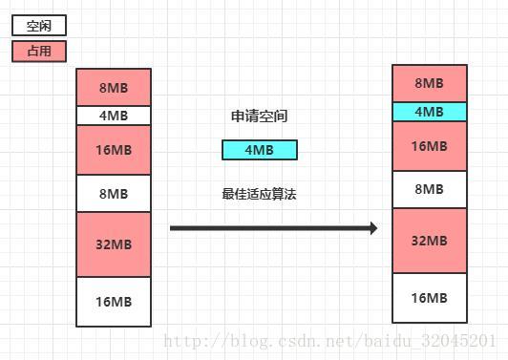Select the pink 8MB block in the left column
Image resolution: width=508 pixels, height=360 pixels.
click(114, 88)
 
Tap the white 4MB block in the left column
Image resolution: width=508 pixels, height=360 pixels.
click(114, 116)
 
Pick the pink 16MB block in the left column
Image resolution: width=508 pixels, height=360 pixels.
click(114, 150)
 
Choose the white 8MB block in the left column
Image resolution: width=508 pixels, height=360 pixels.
click(114, 194)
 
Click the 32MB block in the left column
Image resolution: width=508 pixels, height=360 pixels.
click(114, 244)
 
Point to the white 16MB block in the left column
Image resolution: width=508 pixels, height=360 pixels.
click(114, 302)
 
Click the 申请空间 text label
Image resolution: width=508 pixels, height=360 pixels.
click(259, 116)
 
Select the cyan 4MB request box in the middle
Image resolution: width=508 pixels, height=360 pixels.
click(259, 150)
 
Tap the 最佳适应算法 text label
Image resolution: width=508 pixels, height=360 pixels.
click(259, 194)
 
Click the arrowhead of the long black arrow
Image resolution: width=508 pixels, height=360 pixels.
click(373, 228)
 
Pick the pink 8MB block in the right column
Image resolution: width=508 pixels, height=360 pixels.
click(430, 83)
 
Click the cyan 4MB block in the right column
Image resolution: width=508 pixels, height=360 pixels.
click(430, 112)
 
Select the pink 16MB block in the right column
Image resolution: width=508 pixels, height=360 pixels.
click(430, 145)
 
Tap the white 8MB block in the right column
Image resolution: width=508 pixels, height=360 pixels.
click(430, 189)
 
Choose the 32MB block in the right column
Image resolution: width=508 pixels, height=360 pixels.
click(430, 240)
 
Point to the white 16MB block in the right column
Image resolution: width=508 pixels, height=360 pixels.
click(430, 298)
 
